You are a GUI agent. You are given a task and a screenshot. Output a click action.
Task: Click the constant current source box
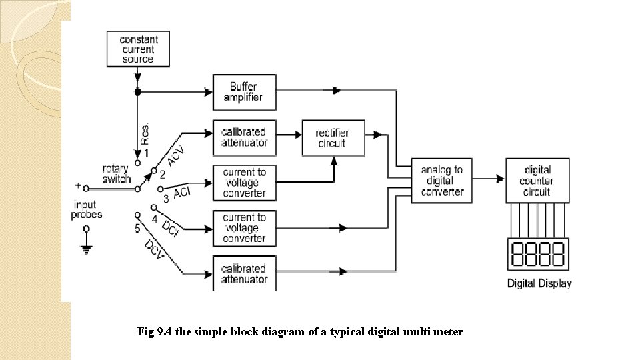137,49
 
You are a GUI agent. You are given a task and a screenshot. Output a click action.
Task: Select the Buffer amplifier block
243,92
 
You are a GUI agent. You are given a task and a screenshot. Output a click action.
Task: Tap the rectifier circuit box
333,138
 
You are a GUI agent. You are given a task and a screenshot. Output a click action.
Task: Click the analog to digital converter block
441,181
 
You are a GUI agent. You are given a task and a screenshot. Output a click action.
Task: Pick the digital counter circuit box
537,181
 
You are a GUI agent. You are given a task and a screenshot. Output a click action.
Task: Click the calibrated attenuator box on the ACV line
243,137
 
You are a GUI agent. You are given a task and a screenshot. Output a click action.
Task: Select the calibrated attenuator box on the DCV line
243,273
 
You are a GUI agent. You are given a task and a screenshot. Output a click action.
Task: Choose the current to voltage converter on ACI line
243,182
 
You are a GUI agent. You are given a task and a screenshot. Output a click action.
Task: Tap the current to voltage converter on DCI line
243,228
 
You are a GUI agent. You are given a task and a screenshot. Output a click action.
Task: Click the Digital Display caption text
539,283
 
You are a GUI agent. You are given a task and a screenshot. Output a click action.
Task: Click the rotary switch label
115,174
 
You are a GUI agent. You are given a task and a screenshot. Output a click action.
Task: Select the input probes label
87,209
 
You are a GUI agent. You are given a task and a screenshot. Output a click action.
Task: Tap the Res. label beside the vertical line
145,133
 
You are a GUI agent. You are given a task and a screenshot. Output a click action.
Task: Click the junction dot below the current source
138,91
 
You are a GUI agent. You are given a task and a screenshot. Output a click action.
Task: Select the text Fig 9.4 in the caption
153,331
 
